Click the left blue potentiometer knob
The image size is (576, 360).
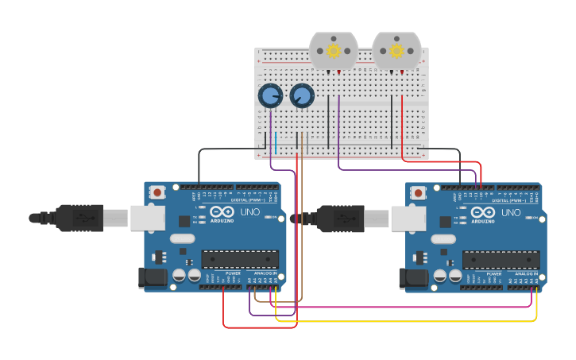click(270, 96)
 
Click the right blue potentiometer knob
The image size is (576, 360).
click(302, 96)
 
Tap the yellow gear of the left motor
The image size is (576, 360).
click(334, 51)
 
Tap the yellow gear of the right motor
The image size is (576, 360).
click(396, 51)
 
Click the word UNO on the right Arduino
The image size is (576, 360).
click(510, 212)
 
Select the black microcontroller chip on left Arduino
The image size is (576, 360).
click(240, 259)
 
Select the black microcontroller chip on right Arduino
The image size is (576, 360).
click(501, 260)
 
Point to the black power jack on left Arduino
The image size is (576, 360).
click(153, 277)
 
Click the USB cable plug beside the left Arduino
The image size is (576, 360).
click(79, 217)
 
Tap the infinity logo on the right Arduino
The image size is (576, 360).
click(483, 211)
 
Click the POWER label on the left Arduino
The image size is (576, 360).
click(232, 273)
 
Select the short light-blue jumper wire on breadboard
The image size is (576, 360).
click(276, 143)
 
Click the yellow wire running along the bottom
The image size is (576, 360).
click(397, 321)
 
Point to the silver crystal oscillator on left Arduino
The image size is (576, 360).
click(182, 238)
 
